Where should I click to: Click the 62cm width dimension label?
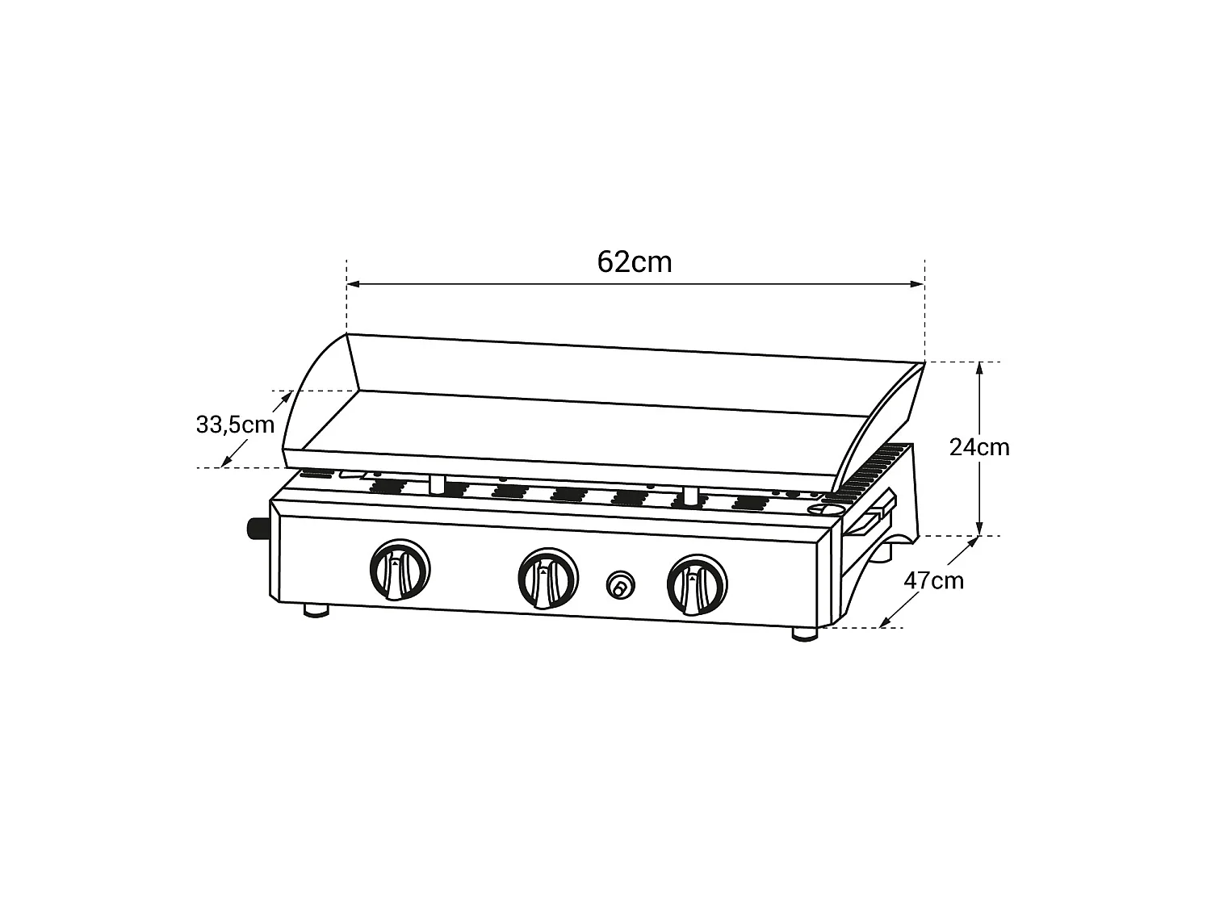point(635,262)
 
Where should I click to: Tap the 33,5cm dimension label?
point(235,425)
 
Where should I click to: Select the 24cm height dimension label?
point(978,446)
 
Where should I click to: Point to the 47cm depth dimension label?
point(933,580)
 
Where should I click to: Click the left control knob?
point(399,570)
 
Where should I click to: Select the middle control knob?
point(547,577)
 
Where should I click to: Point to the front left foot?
point(316,611)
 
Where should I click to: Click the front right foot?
point(803,634)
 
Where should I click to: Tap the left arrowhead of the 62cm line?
point(352,284)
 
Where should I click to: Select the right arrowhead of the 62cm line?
point(918,284)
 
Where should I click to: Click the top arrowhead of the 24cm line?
point(978,367)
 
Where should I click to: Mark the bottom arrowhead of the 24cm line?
point(978,530)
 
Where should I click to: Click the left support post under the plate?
point(437,483)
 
